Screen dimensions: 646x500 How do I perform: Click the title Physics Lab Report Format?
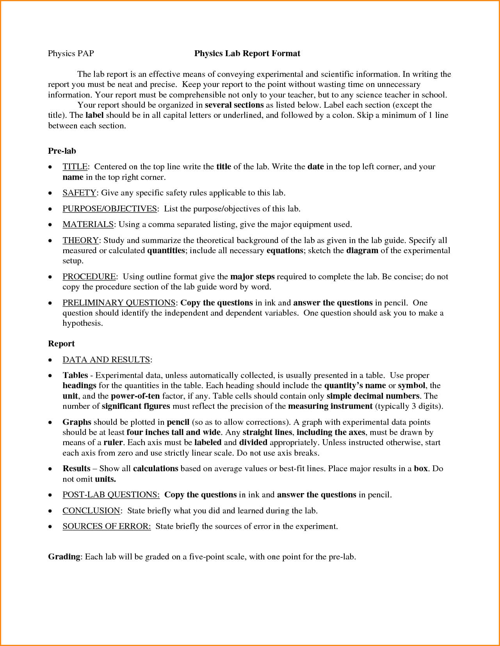pyautogui.click(x=247, y=53)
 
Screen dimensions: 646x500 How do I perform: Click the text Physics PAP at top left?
pyautogui.click(x=71, y=53)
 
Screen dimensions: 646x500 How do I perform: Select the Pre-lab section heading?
pyautogui.click(x=62, y=151)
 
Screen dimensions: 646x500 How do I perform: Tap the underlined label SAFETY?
pyautogui.click(x=79, y=193)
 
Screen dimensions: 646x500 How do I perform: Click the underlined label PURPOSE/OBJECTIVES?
pyautogui.click(x=110, y=209)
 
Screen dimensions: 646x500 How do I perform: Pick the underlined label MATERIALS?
pyautogui.click(x=88, y=224)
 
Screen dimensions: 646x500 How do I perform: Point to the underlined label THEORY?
pyautogui.click(x=80, y=240)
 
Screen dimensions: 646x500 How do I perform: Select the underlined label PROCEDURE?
pyautogui.click(x=89, y=277)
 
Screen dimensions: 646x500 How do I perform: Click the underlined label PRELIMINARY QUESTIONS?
pyautogui.click(x=119, y=303)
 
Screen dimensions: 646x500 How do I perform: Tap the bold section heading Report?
pyautogui.click(x=61, y=344)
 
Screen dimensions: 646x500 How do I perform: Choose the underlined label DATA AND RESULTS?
pyautogui.click(x=106, y=360)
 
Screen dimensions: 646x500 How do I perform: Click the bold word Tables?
pyautogui.click(x=75, y=375)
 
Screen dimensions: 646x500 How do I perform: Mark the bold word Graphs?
pyautogui.click(x=77, y=422)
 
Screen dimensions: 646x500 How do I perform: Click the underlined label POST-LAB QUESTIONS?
pyautogui.click(x=111, y=495)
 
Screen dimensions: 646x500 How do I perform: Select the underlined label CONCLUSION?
pyautogui.click(x=91, y=511)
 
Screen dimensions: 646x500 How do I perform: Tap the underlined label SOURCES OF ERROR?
pyautogui.click(x=106, y=526)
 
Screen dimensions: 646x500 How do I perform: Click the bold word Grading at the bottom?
pyautogui.click(x=64, y=557)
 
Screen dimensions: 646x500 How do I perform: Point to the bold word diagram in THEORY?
pyautogui.click(x=362, y=250)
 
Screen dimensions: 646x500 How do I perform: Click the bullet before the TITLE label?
pyautogui.click(x=50, y=167)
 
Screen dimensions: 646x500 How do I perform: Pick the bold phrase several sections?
pyautogui.click(x=234, y=105)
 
